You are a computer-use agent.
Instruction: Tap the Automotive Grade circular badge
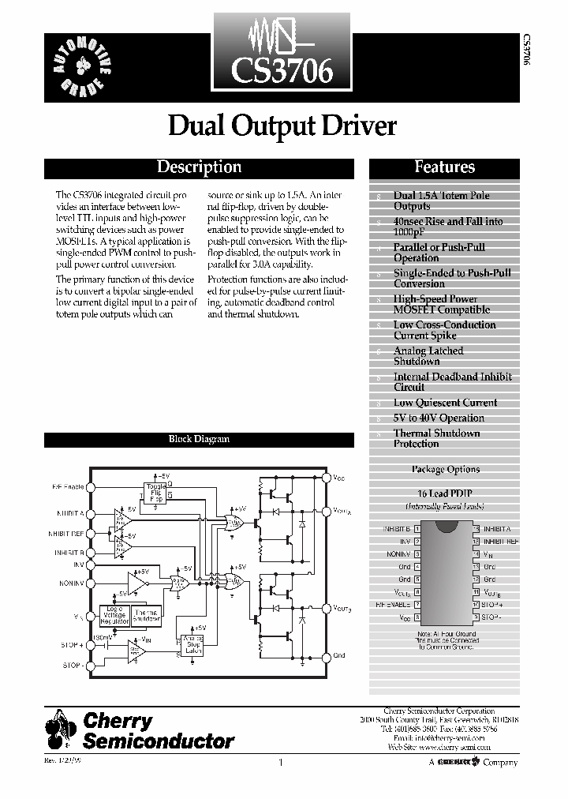pyautogui.click(x=84, y=65)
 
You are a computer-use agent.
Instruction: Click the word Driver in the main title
pyautogui.click(x=356, y=126)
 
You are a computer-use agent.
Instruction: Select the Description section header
pyautogui.click(x=199, y=167)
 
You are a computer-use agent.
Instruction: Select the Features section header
pyautogui.click(x=444, y=167)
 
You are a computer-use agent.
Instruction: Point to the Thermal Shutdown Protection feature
pyautogui.click(x=436, y=438)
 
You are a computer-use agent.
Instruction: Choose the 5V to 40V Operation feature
pyautogui.click(x=439, y=418)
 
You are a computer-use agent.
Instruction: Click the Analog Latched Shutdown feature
pyautogui.click(x=428, y=356)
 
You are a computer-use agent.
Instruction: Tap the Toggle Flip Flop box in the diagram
pyautogui.click(x=156, y=493)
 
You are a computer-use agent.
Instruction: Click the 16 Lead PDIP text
pyautogui.click(x=445, y=493)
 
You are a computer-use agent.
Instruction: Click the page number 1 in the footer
pyautogui.click(x=280, y=763)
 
